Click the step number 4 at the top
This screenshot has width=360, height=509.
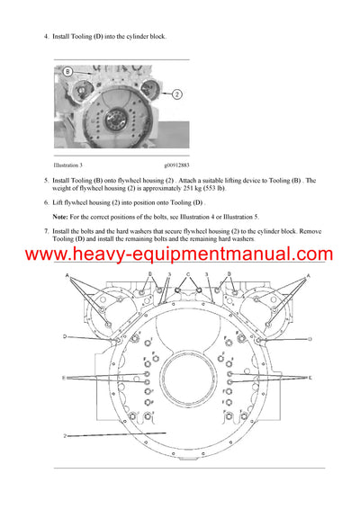[x=47, y=36]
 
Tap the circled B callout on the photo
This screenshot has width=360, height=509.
[x=67, y=70]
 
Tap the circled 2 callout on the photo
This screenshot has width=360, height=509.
[x=176, y=94]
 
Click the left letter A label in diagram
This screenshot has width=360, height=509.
[x=68, y=276]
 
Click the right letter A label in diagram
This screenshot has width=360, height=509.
[x=309, y=276]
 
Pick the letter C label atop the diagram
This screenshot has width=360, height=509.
[x=188, y=272]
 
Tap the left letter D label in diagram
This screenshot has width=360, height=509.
[x=65, y=337]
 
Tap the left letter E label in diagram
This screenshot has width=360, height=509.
[x=64, y=379]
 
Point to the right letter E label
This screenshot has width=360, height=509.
[x=311, y=379]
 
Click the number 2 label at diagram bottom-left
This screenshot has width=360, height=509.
[x=65, y=435]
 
